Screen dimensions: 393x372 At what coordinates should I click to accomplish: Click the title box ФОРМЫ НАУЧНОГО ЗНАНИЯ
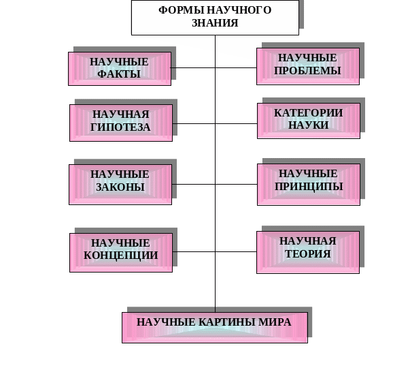tap(215, 17)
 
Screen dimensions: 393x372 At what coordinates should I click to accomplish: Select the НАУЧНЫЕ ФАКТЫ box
tap(120, 69)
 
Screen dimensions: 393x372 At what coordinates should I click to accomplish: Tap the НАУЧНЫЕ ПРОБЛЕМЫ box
tap(308, 66)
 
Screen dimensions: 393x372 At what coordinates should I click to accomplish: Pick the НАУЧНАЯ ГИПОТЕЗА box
tap(121, 123)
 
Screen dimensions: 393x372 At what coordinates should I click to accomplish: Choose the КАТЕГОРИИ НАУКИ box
tap(309, 121)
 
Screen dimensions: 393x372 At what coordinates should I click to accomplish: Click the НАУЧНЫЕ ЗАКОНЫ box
tap(120, 185)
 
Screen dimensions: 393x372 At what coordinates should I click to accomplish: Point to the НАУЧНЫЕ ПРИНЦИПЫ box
tap(309, 185)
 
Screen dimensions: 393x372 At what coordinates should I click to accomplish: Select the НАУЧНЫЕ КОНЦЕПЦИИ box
tap(121, 253)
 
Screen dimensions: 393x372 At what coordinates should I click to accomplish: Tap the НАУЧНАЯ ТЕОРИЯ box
tap(308, 253)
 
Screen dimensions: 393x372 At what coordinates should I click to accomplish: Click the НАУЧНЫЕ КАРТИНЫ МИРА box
tap(215, 328)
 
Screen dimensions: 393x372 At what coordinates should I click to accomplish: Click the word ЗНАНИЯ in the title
tap(215, 23)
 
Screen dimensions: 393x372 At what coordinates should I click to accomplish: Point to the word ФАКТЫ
tap(119, 74)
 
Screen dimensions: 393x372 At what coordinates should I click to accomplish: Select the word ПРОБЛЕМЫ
tap(307, 71)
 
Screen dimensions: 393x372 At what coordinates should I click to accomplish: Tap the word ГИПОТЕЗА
tap(120, 127)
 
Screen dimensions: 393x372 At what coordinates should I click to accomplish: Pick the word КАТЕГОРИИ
tap(308, 113)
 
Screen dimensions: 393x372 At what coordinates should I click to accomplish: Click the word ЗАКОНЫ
tap(120, 187)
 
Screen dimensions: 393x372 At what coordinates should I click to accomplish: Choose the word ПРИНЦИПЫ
tap(309, 187)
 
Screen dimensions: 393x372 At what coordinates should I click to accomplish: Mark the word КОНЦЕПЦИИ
tap(121, 255)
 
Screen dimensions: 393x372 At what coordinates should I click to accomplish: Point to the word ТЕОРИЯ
tap(308, 253)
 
